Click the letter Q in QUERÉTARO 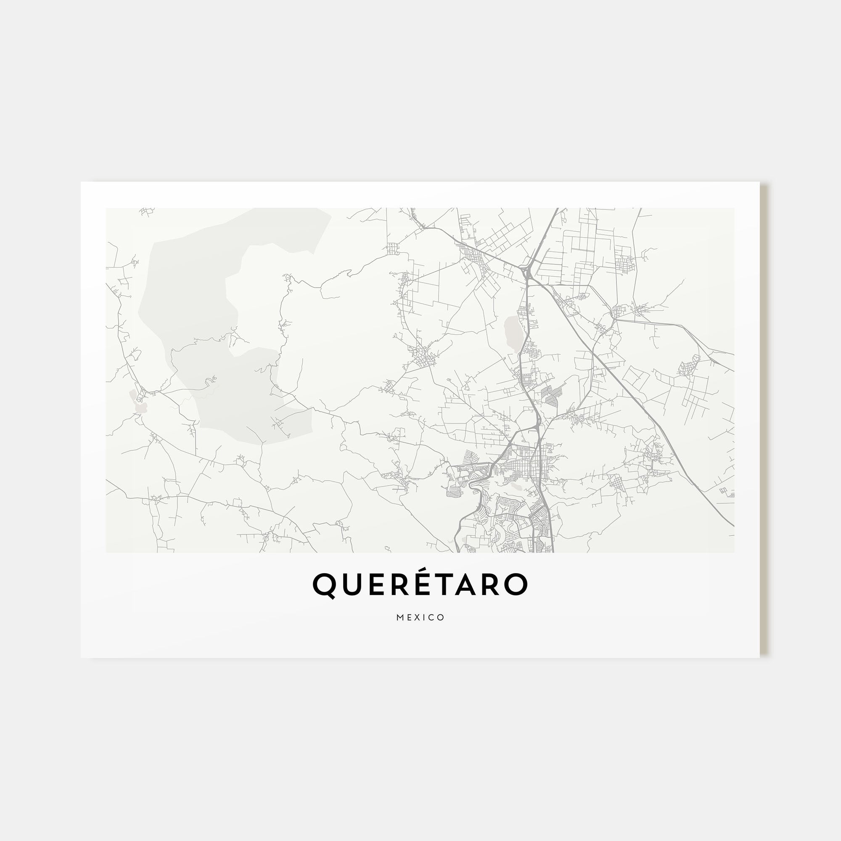pyautogui.click(x=324, y=585)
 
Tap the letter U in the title pyautogui.click(x=350, y=584)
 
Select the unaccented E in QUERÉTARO pyautogui.click(x=374, y=584)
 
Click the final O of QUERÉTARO pyautogui.click(x=517, y=584)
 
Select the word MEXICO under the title pyautogui.click(x=420, y=618)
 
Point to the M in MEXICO pyautogui.click(x=399, y=618)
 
